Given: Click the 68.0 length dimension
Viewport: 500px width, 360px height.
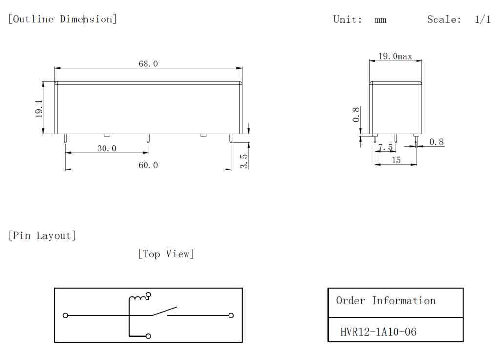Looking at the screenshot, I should coord(148,64).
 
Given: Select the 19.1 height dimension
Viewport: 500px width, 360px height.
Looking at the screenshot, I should coord(39,108).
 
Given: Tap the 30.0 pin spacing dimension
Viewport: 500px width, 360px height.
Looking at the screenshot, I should coord(106,148).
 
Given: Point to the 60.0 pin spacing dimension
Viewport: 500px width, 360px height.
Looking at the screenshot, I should coord(148,165).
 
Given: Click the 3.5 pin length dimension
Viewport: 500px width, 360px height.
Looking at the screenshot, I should coord(244,161).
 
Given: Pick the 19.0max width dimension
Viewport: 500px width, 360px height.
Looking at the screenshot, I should coord(395,57).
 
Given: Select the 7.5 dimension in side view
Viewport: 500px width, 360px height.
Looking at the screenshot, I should coord(385,147).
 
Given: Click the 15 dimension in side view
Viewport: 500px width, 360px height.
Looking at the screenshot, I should coord(396,160).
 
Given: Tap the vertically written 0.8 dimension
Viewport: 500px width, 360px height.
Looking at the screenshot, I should coord(356,115).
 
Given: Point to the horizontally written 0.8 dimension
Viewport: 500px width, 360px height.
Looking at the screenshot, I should coord(437,142).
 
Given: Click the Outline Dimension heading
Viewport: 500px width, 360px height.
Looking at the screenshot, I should coord(62,19).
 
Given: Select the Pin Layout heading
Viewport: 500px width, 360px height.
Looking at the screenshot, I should coord(42,235).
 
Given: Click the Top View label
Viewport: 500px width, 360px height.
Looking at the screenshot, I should coord(166,254).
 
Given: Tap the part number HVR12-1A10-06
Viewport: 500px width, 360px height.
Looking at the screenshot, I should coord(378,332).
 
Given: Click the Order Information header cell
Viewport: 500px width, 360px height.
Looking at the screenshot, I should coord(386,301).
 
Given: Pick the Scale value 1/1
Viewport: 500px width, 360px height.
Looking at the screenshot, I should coord(482,20).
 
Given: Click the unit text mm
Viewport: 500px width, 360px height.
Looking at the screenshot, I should coord(380,20).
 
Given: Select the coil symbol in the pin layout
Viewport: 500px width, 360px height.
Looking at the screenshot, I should coord(138,297).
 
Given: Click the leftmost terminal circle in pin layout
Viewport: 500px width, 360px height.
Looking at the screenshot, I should coord(66,315).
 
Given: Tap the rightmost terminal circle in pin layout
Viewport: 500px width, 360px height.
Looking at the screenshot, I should coord(231,315).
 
